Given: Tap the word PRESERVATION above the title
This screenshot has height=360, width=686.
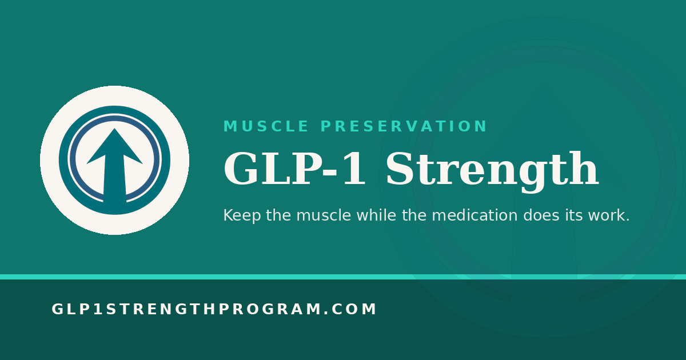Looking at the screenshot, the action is [404, 126].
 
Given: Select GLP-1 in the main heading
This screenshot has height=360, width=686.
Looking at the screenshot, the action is [294, 169].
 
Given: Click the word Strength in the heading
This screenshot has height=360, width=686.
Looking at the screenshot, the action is [492, 171].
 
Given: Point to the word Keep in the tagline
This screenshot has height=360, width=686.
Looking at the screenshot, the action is [242, 215].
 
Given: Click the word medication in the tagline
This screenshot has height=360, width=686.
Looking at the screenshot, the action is [474, 215].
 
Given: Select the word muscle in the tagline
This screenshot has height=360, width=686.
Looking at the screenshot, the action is [324, 215].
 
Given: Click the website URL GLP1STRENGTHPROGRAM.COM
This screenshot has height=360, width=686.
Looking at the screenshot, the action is [214, 309].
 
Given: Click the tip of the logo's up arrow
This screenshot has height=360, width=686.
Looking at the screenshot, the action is [114, 129].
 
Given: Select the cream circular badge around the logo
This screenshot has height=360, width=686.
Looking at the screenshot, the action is [49, 160].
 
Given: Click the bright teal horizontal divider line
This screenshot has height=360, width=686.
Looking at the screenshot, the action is [343, 277].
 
